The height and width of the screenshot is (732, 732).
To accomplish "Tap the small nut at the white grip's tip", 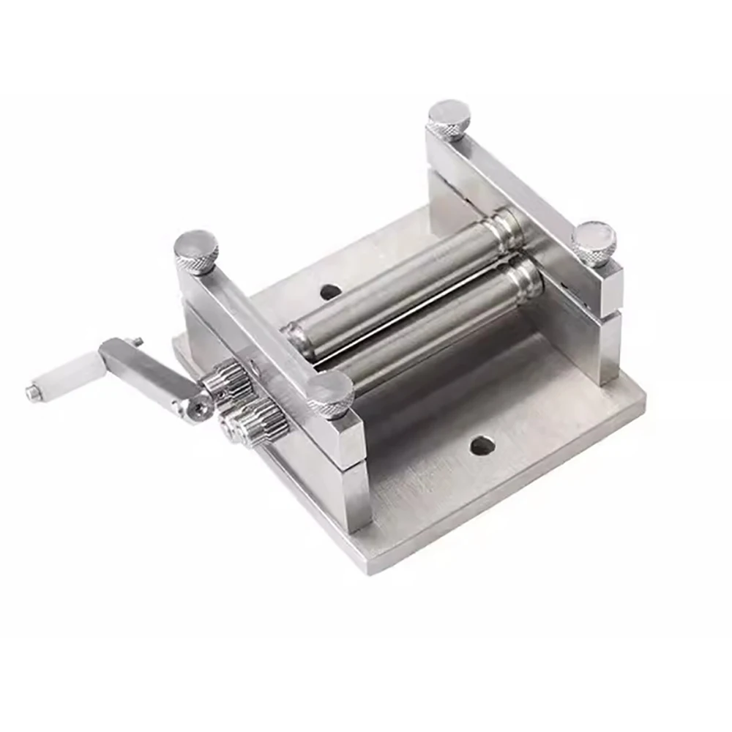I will tap(33, 393).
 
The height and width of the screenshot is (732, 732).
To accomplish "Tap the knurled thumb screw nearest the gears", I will tap(330, 394).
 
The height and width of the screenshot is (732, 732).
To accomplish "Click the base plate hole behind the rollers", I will tap(330, 291).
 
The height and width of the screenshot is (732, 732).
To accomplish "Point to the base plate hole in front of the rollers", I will tap(482, 445).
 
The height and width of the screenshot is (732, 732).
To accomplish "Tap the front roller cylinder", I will tap(432, 329).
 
